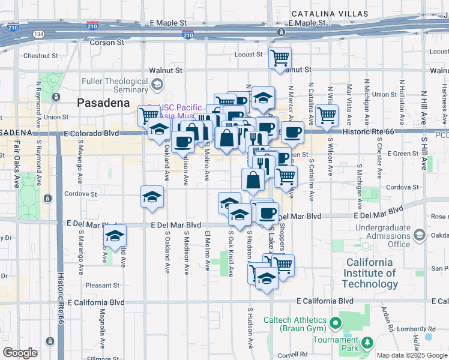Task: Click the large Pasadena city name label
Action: [x=103, y=103]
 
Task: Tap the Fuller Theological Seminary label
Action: [x=114, y=85]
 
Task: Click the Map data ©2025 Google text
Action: [x=412, y=355]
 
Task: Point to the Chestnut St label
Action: [x=40, y=56]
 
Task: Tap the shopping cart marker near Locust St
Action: [x=280, y=58]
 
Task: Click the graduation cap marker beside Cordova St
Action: [x=152, y=197]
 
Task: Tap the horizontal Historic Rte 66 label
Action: [x=366, y=131]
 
